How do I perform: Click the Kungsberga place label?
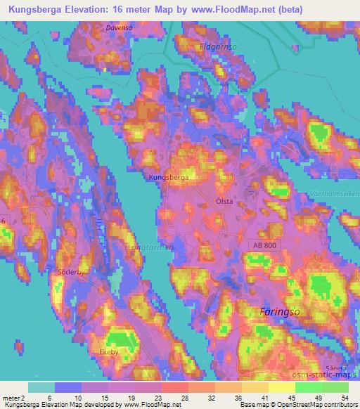[x=169, y=178]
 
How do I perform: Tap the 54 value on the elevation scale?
[x=342, y=398]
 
